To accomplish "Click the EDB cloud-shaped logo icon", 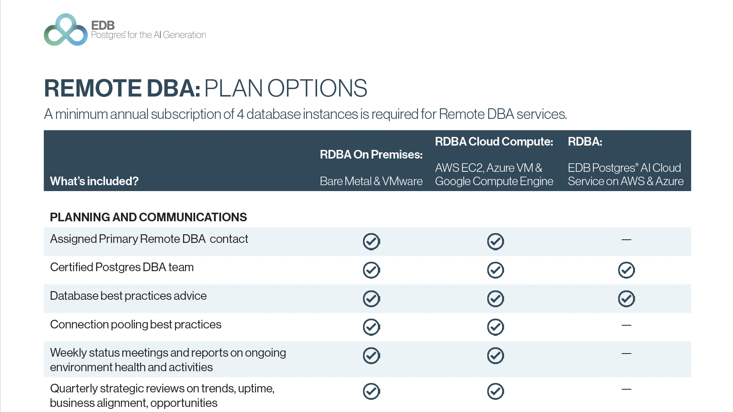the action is click(66, 30).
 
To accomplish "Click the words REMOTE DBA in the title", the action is click(122, 88).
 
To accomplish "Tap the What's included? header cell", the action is click(94, 181).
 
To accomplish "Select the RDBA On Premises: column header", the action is click(371, 155).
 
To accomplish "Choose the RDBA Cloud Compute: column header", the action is click(494, 142).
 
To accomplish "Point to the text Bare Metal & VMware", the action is click(371, 181).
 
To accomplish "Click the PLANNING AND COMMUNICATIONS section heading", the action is click(149, 217).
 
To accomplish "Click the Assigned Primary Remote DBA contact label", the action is click(149, 239).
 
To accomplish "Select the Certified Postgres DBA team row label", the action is click(122, 267).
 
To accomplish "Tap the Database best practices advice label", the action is click(128, 296).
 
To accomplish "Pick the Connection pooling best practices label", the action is click(136, 324).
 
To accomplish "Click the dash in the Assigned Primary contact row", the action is click(626, 239).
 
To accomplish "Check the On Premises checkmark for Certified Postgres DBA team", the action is click(371, 270).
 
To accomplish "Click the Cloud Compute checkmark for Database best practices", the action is click(495, 299).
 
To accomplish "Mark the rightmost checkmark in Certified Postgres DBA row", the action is click(626, 270).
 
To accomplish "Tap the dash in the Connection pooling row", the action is click(626, 325).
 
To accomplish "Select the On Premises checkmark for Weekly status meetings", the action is click(371, 355).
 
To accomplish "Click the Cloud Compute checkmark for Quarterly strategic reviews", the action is click(495, 391).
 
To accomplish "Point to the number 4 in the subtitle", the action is click(240, 114).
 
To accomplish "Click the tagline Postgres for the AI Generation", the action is click(149, 35).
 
